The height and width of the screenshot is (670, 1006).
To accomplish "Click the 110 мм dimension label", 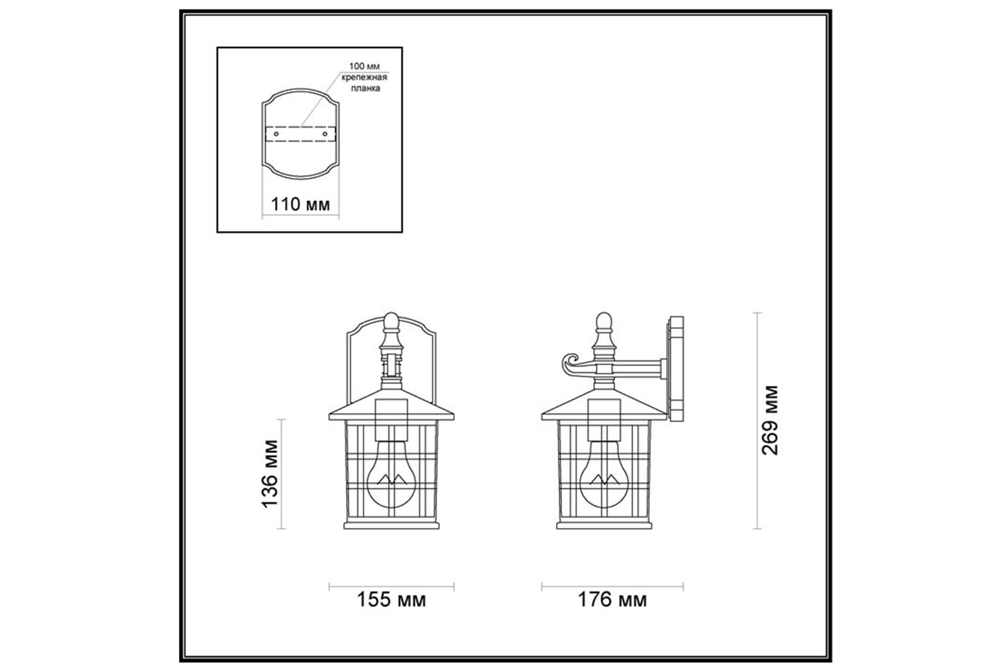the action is [300, 204].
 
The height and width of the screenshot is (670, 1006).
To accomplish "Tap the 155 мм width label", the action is [391, 600].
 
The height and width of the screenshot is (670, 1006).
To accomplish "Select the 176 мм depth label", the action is [612, 600].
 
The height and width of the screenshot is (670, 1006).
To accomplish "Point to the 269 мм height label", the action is [770, 420].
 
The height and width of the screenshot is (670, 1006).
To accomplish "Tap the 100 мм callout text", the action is [364, 66].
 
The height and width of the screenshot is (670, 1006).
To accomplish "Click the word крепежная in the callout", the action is [364, 77].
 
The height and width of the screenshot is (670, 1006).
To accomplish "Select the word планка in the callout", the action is [365, 88].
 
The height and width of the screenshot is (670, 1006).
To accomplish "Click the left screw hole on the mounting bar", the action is [276, 134].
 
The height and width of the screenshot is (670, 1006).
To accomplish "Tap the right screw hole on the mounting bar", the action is [325, 134].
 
